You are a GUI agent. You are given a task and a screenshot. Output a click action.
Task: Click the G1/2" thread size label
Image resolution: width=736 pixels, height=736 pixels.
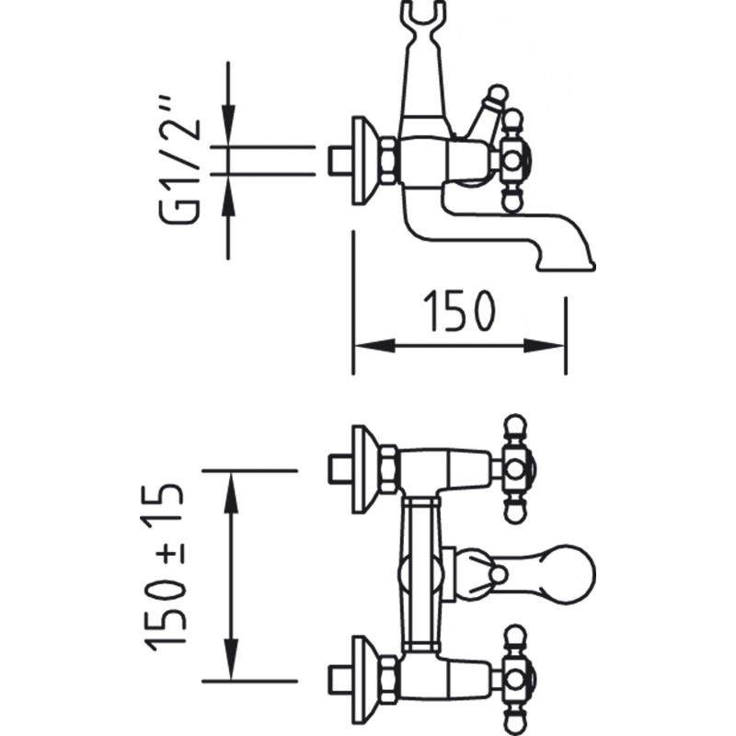coord(180,159)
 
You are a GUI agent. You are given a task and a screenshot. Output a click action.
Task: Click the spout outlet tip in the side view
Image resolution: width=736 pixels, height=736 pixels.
coord(567,266)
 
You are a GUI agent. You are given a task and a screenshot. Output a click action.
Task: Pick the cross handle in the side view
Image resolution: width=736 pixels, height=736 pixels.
coord(514,160)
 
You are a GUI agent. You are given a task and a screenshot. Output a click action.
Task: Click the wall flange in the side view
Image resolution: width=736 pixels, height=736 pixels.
coord(362,160)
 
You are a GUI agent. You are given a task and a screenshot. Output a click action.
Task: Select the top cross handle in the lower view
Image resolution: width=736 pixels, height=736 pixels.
coord(514,469)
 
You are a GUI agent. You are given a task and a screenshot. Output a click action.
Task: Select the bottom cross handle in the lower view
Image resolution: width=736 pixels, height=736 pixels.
coord(514,680)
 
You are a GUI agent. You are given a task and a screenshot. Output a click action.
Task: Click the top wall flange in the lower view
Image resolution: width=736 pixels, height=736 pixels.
coord(362,470)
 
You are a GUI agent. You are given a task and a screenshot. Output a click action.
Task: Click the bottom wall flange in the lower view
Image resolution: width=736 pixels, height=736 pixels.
coord(362,681)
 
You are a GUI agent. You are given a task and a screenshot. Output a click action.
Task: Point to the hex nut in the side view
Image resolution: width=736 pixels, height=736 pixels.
coord(389,160)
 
